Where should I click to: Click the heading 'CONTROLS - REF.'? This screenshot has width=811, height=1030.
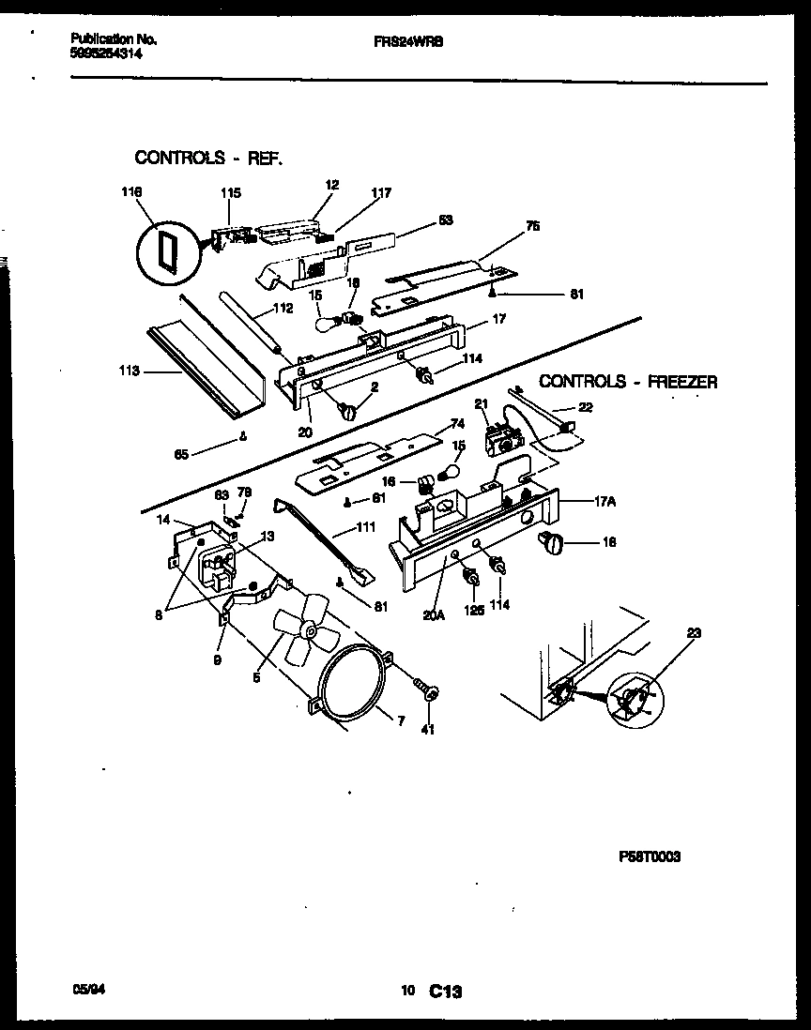click(x=208, y=158)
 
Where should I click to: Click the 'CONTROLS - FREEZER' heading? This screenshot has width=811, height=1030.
click(x=628, y=382)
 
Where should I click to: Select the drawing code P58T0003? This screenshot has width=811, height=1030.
click(x=650, y=856)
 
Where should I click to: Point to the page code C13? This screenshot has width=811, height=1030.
click(x=448, y=991)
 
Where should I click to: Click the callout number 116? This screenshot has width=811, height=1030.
click(x=130, y=193)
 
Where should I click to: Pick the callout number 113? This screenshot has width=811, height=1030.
click(x=130, y=371)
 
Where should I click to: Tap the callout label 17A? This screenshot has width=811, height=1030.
click(x=605, y=501)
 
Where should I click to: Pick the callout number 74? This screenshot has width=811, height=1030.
click(x=457, y=422)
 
